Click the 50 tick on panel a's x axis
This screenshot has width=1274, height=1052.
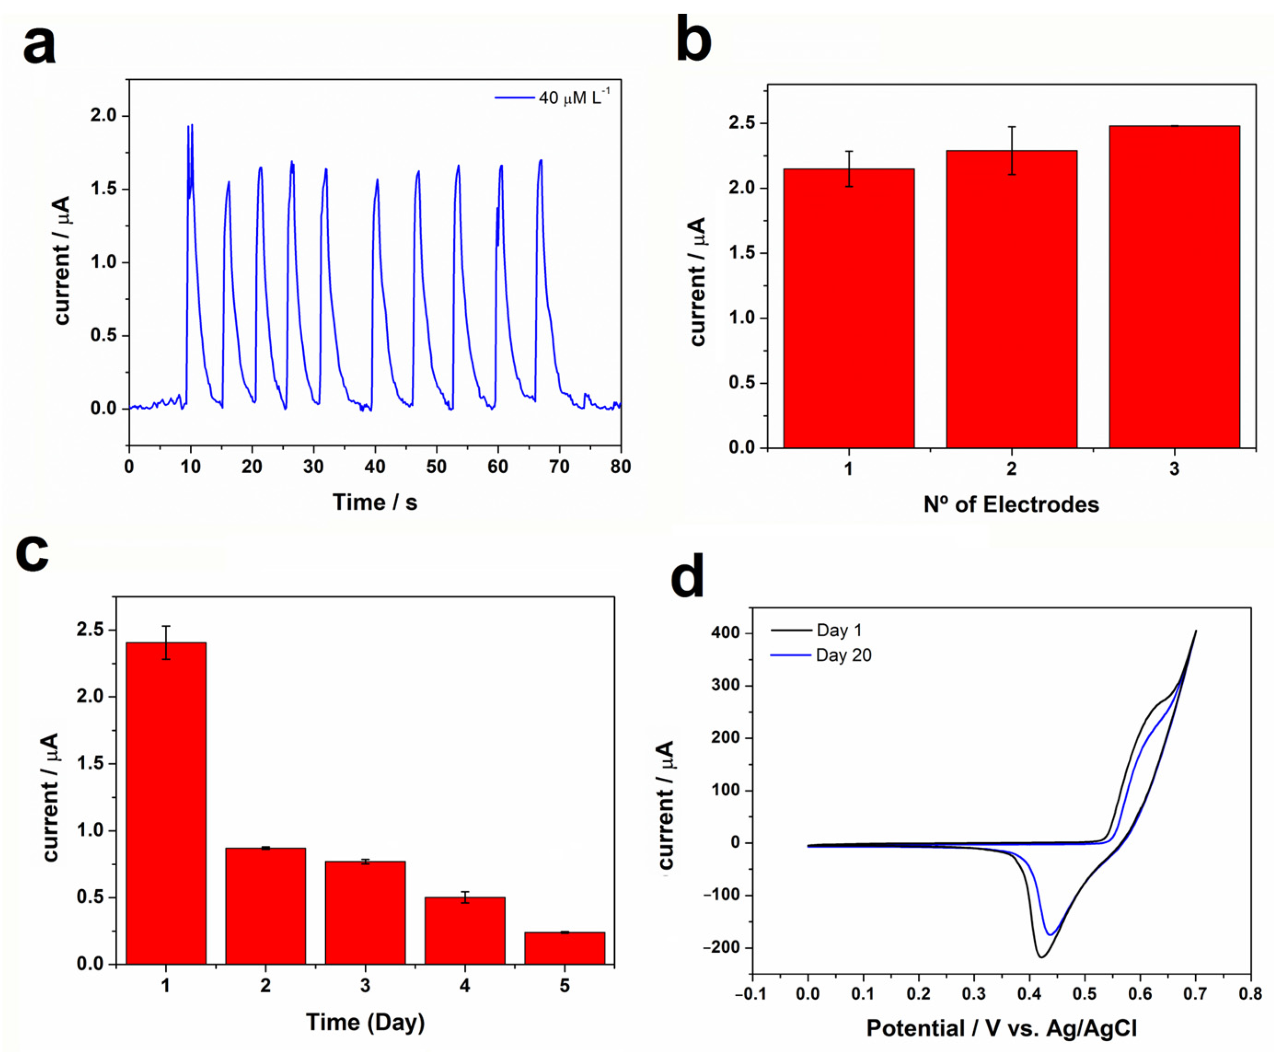[436, 467]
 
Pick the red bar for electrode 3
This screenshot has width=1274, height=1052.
[1174, 291]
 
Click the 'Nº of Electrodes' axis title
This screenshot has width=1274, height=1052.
[1011, 504]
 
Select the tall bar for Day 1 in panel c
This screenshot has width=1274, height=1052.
[166, 806]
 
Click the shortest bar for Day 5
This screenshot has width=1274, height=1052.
[564, 948]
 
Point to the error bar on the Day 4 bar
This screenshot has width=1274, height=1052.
[465, 898]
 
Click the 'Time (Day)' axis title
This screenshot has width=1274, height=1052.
[365, 1022]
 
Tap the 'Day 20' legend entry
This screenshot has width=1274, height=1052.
[843, 656]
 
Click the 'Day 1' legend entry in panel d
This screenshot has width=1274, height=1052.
[838, 630]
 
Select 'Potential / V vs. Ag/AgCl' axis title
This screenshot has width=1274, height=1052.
[1001, 1029]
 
